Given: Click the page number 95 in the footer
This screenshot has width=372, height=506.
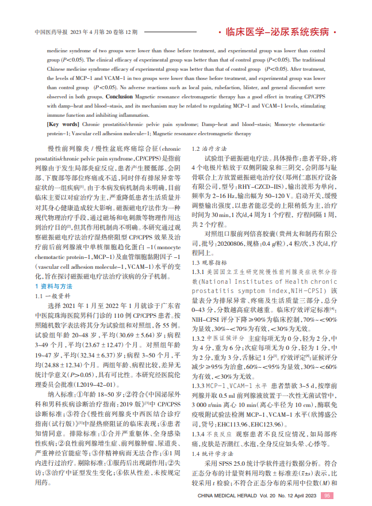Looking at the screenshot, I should (327, 495).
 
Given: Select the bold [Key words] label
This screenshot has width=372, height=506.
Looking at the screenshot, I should (63, 124).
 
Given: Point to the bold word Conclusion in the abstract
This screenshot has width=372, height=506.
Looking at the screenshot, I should (120, 97).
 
